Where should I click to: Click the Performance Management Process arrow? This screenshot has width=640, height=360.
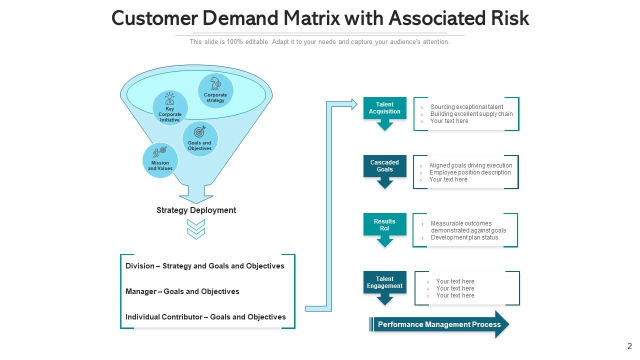point(439,324)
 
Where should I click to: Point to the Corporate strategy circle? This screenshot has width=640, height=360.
point(215,91)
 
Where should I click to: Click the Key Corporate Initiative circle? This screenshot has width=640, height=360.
point(170,108)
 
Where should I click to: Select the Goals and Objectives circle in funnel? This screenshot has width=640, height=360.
point(200,139)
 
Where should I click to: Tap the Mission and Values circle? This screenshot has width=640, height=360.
point(160,160)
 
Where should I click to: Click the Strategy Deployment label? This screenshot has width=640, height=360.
point(196,210)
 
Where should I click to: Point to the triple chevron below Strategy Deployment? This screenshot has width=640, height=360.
point(196,229)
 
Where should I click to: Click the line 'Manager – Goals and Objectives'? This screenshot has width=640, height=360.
point(182,291)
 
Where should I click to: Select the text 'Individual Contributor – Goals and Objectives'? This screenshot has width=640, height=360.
point(205,317)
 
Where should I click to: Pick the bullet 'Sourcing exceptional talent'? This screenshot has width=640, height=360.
point(466,107)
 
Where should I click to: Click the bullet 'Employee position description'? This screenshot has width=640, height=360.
point(470,172)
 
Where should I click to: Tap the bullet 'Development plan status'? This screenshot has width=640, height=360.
point(464,237)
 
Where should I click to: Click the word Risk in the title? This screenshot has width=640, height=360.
point(510,18)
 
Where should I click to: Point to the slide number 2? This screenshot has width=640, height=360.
point(629,346)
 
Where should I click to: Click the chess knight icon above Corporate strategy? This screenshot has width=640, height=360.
point(215,83)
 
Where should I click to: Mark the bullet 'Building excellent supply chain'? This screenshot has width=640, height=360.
point(471,114)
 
